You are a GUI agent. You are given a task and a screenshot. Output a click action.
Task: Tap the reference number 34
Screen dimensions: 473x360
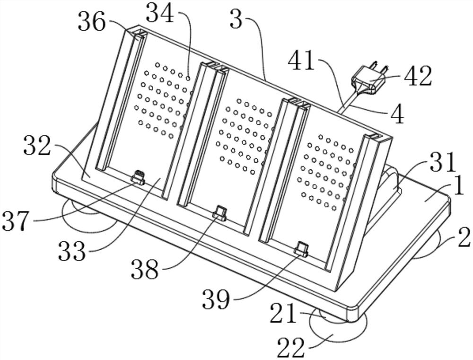pyautogui.click(x=160, y=13)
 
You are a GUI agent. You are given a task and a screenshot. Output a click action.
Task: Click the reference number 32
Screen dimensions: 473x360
pyautogui.click(x=37, y=145)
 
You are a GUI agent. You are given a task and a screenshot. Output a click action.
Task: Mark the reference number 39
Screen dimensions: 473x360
pyautogui.click(x=216, y=299)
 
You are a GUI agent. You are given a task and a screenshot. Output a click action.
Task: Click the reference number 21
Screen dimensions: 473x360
pyautogui.click(x=283, y=313)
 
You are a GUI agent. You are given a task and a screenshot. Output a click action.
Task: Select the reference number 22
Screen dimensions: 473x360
pyautogui.click(x=291, y=347)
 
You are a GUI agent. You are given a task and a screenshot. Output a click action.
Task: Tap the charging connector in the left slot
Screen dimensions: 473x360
pyautogui.click(x=138, y=177)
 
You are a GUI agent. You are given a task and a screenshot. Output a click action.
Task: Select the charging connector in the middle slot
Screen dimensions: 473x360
pyautogui.click(x=219, y=212)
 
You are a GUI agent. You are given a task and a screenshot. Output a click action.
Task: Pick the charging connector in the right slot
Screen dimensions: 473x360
pyautogui.click(x=301, y=249)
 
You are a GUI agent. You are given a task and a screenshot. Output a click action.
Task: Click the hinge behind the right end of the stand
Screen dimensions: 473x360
pyautogui.click(x=391, y=181)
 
